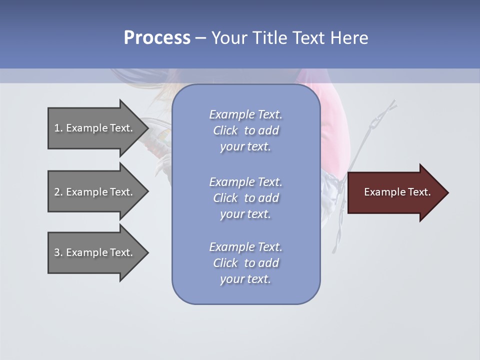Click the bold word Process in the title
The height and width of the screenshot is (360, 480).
pyautogui.click(x=157, y=38)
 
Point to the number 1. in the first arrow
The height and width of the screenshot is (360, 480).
pyautogui.click(x=58, y=128)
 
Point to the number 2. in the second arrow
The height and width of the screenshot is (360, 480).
pyautogui.click(x=58, y=192)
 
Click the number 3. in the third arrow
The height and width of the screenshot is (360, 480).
pyautogui.click(x=58, y=252)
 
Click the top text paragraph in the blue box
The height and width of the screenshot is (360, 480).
pyautogui.click(x=245, y=130)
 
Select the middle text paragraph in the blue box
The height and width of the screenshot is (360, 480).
pyautogui.click(x=245, y=198)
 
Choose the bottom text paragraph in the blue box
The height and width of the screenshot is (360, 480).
pyautogui.click(x=245, y=263)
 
